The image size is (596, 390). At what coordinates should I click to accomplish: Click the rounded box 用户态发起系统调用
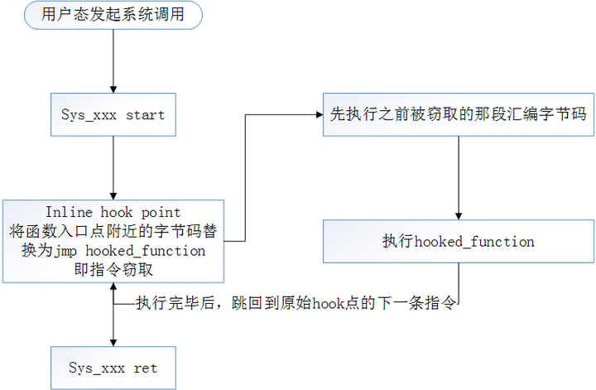[x=113, y=16]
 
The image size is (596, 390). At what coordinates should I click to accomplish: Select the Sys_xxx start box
[x=113, y=114]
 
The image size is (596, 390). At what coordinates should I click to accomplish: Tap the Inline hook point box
[x=113, y=241]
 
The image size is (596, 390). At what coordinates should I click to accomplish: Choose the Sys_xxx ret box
[x=113, y=368]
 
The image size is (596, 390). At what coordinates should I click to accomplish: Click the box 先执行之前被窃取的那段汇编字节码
[x=458, y=114]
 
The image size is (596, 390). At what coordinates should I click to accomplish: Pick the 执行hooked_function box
[x=458, y=242]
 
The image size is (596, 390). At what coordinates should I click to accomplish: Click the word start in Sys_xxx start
[x=145, y=114]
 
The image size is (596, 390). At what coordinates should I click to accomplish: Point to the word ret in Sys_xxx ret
[x=145, y=368]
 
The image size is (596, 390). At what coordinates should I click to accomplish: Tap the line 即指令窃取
[x=113, y=270]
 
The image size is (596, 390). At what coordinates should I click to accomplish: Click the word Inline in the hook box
[x=69, y=213]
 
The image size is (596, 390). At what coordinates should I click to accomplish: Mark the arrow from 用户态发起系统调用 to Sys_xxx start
[x=113, y=62]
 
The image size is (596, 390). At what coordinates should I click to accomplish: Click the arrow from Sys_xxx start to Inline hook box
[x=113, y=166]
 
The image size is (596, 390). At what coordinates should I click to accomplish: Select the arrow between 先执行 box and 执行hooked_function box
[x=458, y=174]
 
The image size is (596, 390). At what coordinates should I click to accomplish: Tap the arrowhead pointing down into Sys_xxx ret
[x=113, y=342]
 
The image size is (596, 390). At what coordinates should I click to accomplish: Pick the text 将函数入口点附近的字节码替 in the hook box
[x=113, y=232]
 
